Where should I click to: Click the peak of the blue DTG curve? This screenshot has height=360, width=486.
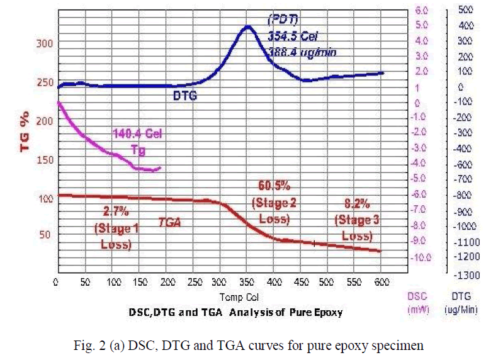click(247, 26)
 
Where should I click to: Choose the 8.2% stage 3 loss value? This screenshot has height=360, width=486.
click(356, 204)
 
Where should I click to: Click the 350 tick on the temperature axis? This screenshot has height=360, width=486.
click(219, 282)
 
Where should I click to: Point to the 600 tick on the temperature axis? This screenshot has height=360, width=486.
click(380, 282)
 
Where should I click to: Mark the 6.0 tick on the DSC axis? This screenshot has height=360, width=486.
click(421, 11)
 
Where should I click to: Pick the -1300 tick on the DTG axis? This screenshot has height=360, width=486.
click(464, 274)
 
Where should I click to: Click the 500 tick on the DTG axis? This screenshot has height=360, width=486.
click(465, 11)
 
